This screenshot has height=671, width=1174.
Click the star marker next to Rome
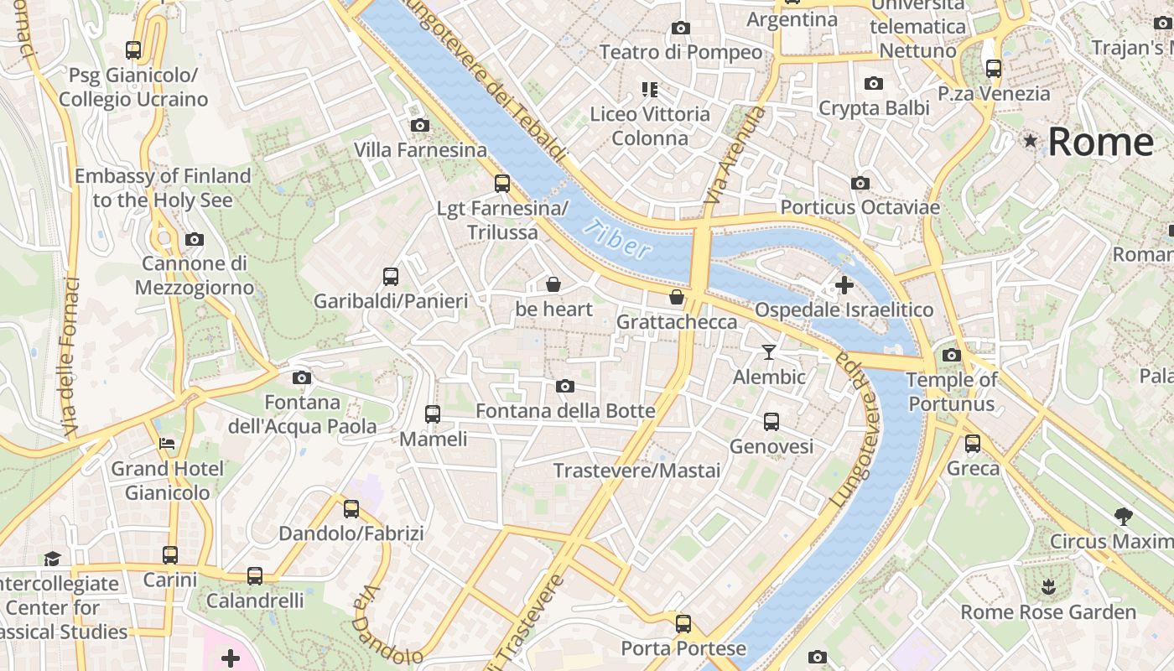[x=1030, y=141]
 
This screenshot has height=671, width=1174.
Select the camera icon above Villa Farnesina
[x=420, y=126]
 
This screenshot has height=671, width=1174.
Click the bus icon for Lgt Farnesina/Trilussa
[x=502, y=183]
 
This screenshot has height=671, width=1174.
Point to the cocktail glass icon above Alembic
[x=768, y=351]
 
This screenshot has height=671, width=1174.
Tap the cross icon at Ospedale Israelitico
[x=844, y=285]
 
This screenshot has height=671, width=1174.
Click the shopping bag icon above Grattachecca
[x=677, y=297]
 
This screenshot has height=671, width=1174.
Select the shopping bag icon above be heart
[x=553, y=284]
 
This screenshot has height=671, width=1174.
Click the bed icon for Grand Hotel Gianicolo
[x=167, y=443]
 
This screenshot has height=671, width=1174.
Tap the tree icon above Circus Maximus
[x=1123, y=516]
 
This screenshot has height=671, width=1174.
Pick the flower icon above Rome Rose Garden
[x=1047, y=586]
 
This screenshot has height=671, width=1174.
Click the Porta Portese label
[x=683, y=648]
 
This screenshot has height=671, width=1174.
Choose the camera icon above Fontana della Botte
[x=565, y=386]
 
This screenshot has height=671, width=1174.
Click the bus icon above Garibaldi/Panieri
[x=390, y=276]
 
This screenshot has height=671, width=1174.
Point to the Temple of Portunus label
[x=952, y=392]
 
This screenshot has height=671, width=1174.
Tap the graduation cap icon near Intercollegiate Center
[x=53, y=559]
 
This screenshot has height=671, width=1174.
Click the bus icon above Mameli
[x=433, y=414]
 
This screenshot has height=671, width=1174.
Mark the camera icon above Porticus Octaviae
[x=860, y=183]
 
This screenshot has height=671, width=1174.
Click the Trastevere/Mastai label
[x=636, y=471]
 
